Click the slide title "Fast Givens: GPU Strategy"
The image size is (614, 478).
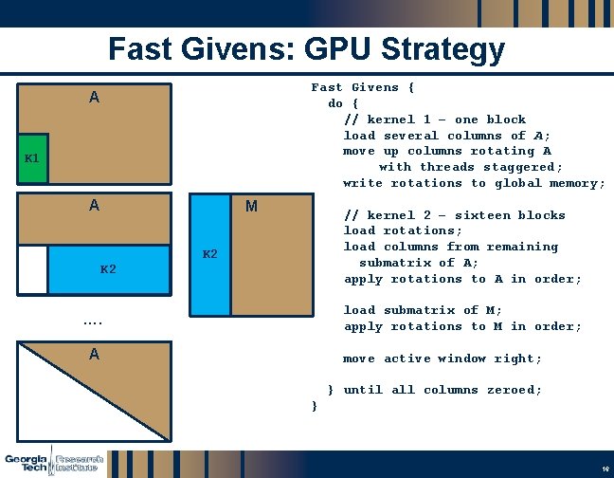tap(306, 49)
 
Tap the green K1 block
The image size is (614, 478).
tap(32, 158)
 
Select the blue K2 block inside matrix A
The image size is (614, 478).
tap(109, 269)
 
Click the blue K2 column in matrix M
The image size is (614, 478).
tap(210, 254)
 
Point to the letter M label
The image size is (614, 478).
tap(251, 206)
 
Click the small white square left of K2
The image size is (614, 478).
tap(32, 269)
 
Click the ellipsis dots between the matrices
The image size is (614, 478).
tap(93, 323)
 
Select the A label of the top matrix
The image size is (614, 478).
tap(94, 98)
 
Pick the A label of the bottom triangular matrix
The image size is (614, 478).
tap(94, 355)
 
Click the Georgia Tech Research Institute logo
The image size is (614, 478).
tap(53, 460)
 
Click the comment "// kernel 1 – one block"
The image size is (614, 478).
tap(434, 119)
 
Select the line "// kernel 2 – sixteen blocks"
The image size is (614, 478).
tap(454, 215)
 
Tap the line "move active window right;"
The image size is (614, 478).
tap(442, 358)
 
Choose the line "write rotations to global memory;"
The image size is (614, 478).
tap(474, 183)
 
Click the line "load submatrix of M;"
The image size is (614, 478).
tap(423, 310)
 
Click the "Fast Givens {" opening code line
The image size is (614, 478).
tap(363, 87)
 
